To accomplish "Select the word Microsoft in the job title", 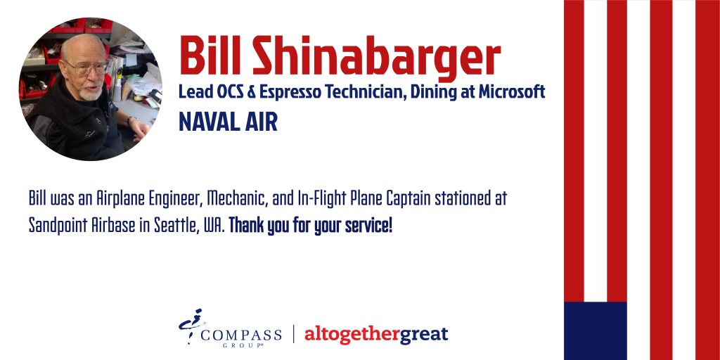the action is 512,92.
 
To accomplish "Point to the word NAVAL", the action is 209,122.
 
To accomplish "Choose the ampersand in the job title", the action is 251,92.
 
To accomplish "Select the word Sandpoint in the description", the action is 57,226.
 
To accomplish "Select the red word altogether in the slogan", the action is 352,335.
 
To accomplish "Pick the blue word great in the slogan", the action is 423,335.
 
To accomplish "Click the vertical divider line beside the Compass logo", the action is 294,334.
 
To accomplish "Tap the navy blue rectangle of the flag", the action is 595,330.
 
